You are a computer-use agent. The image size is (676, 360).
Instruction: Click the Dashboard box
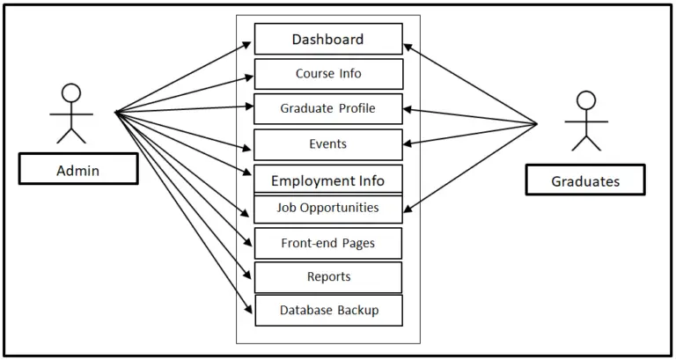[x=328, y=40]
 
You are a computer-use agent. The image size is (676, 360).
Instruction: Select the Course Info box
[x=328, y=74]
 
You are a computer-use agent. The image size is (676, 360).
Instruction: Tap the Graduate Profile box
[x=328, y=109]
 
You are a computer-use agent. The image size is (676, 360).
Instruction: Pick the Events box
[x=328, y=144]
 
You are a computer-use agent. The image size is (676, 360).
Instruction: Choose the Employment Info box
[x=328, y=180]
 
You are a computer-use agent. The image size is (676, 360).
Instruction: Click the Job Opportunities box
[x=328, y=209]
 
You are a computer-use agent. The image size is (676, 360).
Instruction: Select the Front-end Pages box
[x=328, y=244]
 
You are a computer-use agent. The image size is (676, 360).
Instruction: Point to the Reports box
[x=328, y=277]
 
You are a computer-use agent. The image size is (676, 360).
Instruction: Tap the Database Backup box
[x=328, y=311]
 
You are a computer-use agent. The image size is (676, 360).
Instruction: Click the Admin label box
[x=77, y=171]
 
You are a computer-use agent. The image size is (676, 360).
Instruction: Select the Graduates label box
[x=584, y=181]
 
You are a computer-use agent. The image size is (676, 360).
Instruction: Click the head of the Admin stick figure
[x=71, y=93]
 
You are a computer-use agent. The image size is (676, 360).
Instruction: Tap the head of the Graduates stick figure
[x=585, y=100]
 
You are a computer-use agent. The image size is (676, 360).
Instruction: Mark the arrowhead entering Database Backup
[x=248, y=308]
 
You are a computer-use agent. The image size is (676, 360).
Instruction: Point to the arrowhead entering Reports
[x=248, y=275]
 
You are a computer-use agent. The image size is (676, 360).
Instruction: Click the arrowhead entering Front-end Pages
[x=248, y=241]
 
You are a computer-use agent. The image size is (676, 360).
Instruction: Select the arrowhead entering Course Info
[x=248, y=77]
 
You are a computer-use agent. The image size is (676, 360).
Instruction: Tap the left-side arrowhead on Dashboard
[x=248, y=43]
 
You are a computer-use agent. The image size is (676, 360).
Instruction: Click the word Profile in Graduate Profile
[x=356, y=109]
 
